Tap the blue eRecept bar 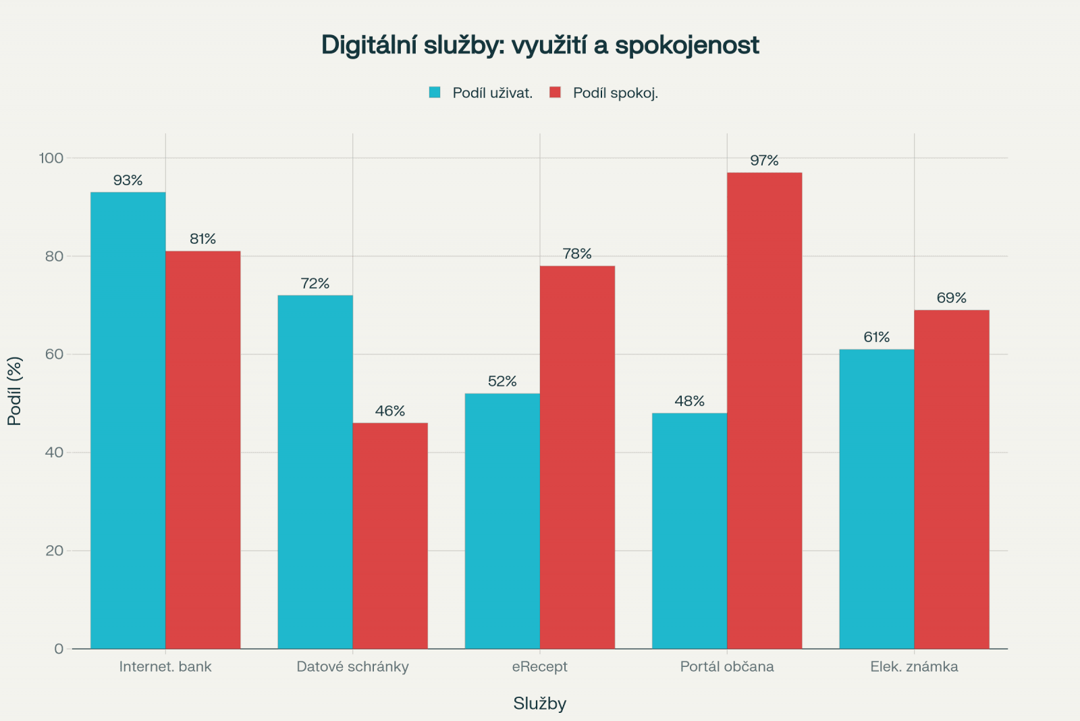[x=502, y=521]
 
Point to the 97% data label [x=764, y=161]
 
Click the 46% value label [x=390, y=412]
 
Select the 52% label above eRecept [x=502, y=382]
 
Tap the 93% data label [x=128, y=180]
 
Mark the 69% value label [x=951, y=298]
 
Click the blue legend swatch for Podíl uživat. [x=435, y=93]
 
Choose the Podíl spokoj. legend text [x=615, y=93]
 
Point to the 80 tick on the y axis [x=55, y=256]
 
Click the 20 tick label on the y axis [x=55, y=551]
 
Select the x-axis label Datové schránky [x=352, y=667]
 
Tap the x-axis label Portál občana [x=727, y=667]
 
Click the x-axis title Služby [x=539, y=703]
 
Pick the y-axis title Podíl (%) [x=15, y=391]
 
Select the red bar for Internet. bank [x=203, y=450]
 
